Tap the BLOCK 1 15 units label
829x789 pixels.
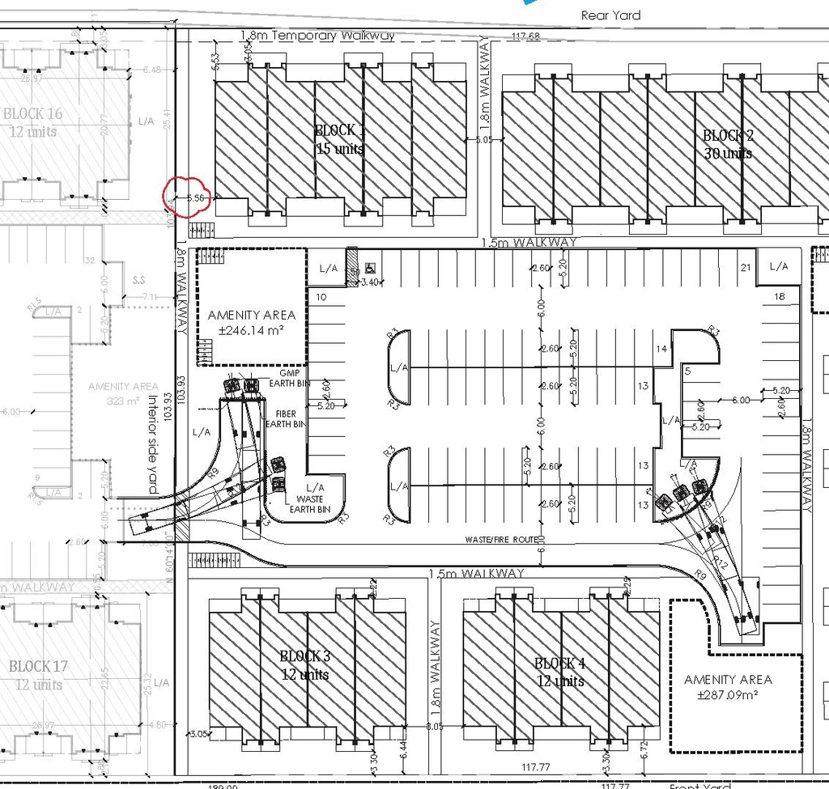[x=339, y=139]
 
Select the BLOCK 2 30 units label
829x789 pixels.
[x=727, y=144]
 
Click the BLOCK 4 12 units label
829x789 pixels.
[x=560, y=672]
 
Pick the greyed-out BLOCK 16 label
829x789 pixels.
[x=33, y=122]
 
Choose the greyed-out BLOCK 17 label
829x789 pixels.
[x=38, y=675]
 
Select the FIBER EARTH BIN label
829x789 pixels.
[x=288, y=418]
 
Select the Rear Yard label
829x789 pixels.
[x=610, y=15]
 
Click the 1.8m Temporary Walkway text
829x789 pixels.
[x=317, y=36]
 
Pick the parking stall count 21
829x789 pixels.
[x=746, y=267]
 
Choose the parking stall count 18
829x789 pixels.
[x=780, y=296]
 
